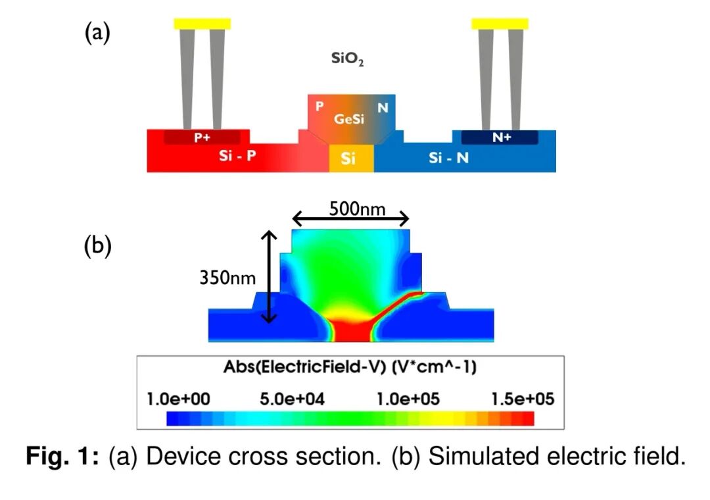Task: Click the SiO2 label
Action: click(348, 61)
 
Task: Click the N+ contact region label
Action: click(500, 138)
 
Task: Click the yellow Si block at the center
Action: click(351, 159)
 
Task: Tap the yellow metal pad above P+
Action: click(202, 24)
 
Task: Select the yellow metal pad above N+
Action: click(500, 24)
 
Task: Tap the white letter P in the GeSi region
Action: click(319, 106)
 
